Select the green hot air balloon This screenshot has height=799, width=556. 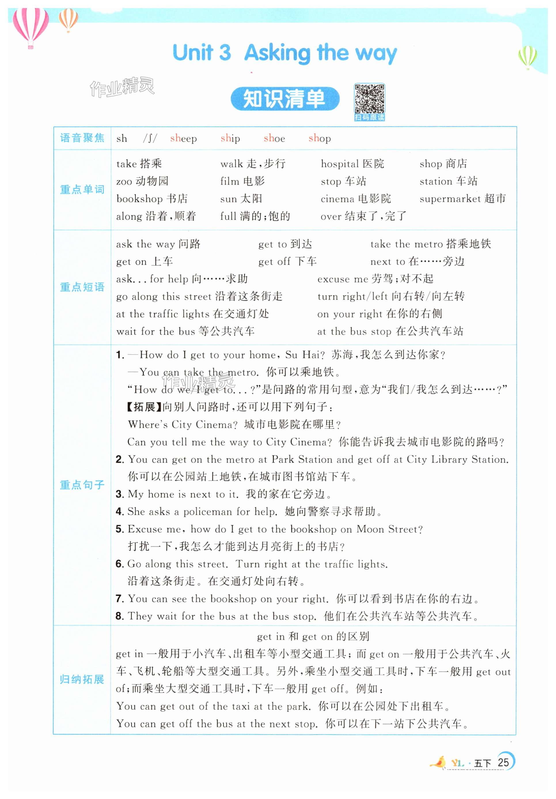pyautogui.click(x=527, y=57)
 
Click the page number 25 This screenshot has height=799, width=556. pyautogui.click(x=503, y=762)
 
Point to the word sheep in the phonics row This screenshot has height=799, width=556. pyautogui.click(x=183, y=139)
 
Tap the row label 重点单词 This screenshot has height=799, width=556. pyautogui.click(x=82, y=190)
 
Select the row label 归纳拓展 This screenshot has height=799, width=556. pyautogui.click(x=82, y=679)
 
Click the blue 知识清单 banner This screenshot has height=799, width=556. pyautogui.click(x=284, y=99)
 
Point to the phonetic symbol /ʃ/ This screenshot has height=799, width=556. pyautogui.click(x=150, y=139)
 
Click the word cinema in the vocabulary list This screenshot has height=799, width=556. pyautogui.click(x=337, y=199)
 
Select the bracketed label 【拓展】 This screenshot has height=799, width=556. pyautogui.click(x=143, y=407)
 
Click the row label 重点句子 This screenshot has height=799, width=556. pyautogui.click(x=82, y=485)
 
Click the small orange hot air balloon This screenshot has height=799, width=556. pyautogui.click(x=68, y=19)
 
